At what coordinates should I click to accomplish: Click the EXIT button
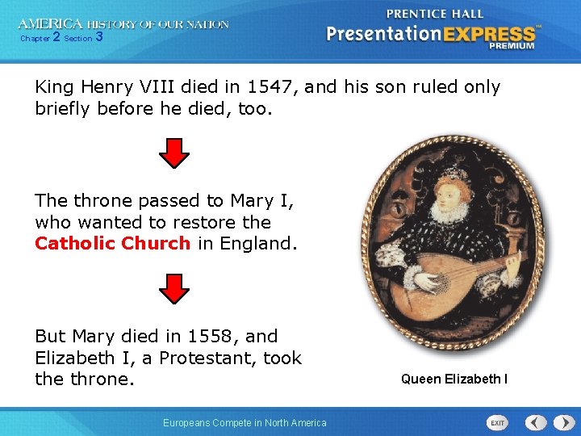click(498, 423)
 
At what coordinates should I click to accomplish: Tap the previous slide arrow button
click(536, 423)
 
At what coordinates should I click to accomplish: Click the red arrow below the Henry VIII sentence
click(173, 152)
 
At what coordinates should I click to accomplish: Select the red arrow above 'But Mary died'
click(173, 287)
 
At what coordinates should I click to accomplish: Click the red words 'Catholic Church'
click(112, 243)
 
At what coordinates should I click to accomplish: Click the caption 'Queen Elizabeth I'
click(454, 379)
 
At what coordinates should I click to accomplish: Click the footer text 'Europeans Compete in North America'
click(245, 422)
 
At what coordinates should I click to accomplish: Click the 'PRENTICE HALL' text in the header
click(435, 14)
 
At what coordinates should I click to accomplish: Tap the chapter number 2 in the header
click(56, 37)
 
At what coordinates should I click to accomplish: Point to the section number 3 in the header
click(98, 37)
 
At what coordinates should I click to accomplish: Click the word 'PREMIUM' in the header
click(511, 46)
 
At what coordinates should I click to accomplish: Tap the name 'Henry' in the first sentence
click(105, 86)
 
